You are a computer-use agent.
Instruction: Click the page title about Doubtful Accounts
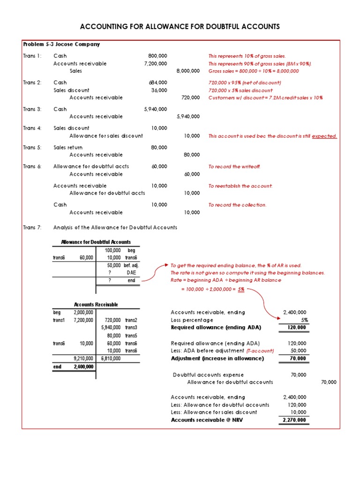tap(180, 27)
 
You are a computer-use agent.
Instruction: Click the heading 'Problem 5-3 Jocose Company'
tap(61, 45)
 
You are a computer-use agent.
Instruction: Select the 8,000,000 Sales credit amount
tap(188, 71)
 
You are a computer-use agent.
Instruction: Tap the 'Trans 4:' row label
tap(32, 128)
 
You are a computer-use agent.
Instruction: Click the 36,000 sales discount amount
tap(159, 90)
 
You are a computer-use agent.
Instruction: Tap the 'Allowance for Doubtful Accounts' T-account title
tap(96, 242)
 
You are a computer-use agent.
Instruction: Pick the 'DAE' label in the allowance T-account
tap(131, 272)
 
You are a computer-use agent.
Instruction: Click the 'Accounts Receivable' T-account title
tap(96, 305)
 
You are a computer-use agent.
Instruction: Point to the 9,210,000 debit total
tap(84, 359)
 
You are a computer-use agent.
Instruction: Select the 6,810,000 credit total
tap(111, 359)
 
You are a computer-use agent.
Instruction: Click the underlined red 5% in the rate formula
tap(241, 290)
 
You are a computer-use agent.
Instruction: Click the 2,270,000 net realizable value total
tap(294, 420)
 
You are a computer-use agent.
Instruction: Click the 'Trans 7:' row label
tap(32, 228)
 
